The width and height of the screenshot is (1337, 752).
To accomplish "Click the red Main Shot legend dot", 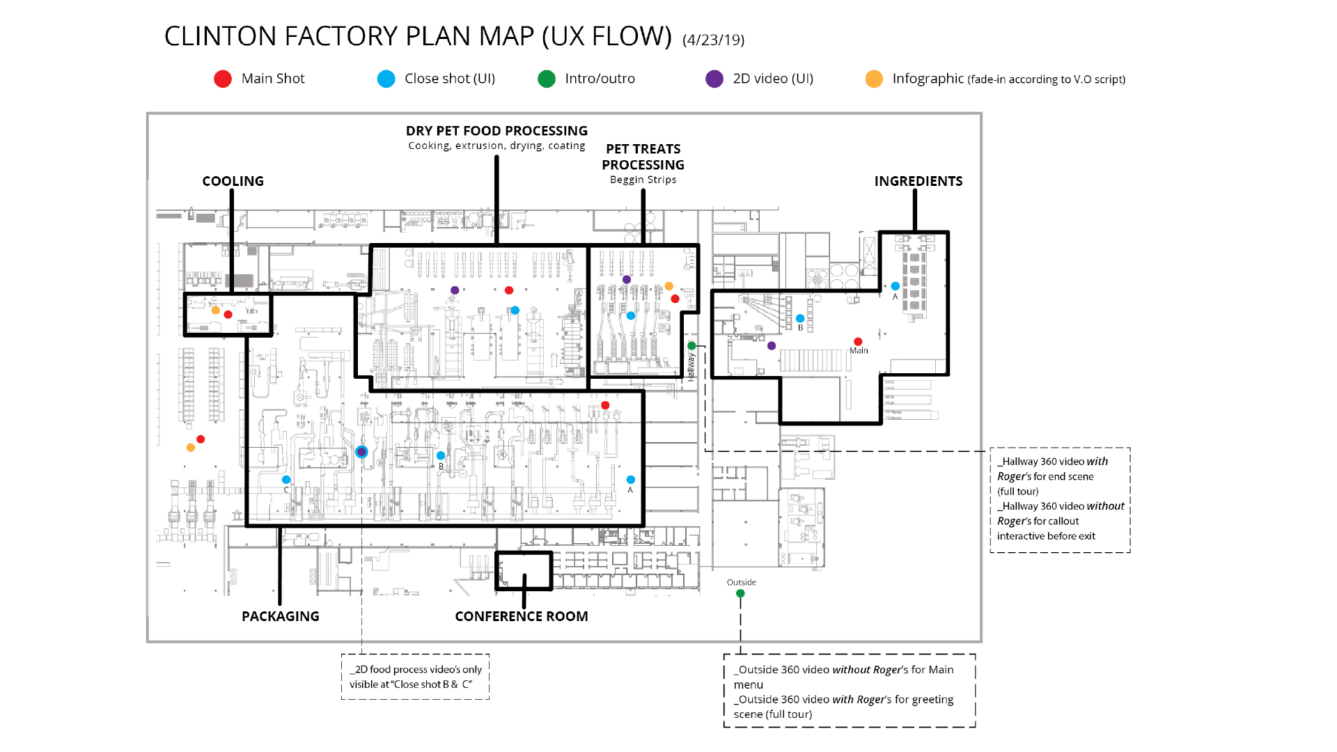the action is [223, 79].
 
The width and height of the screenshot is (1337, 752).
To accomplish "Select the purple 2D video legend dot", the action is [714, 79].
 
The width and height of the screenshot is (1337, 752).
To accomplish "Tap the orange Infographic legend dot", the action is [874, 79].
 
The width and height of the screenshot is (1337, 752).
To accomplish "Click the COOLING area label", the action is [233, 181].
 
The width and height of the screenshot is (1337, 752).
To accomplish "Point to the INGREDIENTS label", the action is [918, 181].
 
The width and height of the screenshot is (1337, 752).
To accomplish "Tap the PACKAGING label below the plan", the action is [281, 616].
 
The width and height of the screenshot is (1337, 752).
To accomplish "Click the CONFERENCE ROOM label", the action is [522, 616].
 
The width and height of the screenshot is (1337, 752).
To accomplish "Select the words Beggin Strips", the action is [643, 180].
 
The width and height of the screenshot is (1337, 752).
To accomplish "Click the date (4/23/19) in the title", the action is [714, 40].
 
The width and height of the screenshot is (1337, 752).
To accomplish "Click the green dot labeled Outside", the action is [740, 593].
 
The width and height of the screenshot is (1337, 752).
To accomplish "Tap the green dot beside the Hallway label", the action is [691, 345].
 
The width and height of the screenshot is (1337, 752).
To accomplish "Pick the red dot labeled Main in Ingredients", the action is [858, 341].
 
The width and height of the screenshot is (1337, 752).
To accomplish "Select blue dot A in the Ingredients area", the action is [896, 286].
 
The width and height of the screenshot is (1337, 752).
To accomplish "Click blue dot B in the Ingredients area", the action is [800, 318].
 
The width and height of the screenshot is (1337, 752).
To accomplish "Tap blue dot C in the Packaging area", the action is [286, 480].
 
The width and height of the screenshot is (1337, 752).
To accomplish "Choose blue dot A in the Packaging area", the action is [630, 480].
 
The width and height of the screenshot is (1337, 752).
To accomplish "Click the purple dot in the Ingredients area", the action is [772, 346].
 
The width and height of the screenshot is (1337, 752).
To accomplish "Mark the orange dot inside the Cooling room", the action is [216, 311].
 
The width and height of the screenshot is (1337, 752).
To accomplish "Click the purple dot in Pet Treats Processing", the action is [627, 279].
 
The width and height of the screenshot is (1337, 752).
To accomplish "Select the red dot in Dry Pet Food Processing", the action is [509, 290].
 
